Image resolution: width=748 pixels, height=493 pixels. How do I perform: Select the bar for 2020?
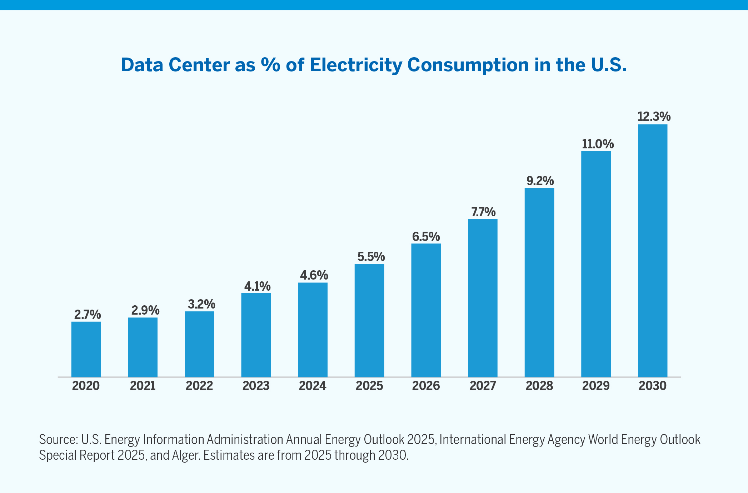coord(86,349)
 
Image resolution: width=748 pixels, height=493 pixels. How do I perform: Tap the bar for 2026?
coord(426,310)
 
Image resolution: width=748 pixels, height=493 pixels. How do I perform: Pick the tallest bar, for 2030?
coord(653,250)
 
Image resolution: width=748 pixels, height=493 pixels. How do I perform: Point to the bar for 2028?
coord(539,282)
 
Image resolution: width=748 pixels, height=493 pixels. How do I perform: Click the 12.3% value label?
coord(654,117)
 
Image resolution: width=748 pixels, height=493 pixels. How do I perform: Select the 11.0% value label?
coord(598,144)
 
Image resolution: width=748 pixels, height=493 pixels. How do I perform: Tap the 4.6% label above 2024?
coord(314,275)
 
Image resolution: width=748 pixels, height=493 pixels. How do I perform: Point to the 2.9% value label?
coord(145,310)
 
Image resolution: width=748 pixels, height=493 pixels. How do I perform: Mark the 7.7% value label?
coord(483,212)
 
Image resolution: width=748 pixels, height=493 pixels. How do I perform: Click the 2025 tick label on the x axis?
coord(369,386)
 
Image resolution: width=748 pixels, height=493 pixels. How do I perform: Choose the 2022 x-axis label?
coord(199,386)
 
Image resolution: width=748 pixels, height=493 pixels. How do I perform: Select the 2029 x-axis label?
coord(596,386)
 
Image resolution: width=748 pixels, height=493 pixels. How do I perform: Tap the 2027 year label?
coord(483,386)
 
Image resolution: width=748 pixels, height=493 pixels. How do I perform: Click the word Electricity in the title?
coord(356,65)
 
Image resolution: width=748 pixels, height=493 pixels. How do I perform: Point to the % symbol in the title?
coord(270,65)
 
